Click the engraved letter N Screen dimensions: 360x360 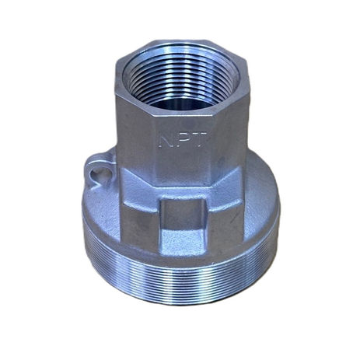164,140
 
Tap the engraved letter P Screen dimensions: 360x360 182,140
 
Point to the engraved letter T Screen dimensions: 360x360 199,140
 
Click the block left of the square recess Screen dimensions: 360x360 140,220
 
